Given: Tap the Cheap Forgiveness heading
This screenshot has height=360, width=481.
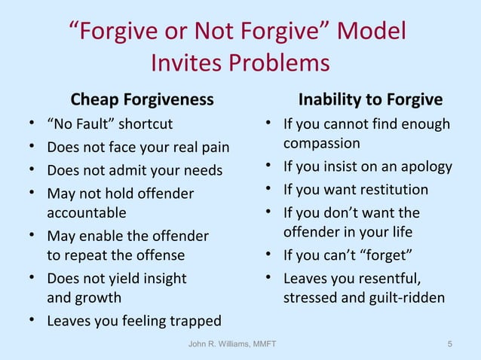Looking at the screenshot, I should (142, 99).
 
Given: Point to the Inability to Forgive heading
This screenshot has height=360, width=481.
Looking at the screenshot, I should (371, 100).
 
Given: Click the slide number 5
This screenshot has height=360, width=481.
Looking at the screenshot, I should (450, 344).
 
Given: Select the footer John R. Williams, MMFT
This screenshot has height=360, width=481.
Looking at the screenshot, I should (231, 344).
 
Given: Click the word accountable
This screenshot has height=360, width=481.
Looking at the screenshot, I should (87, 212).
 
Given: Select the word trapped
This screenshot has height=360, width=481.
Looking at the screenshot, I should (195, 321).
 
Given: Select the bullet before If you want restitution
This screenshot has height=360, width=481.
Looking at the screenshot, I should (269, 189).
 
